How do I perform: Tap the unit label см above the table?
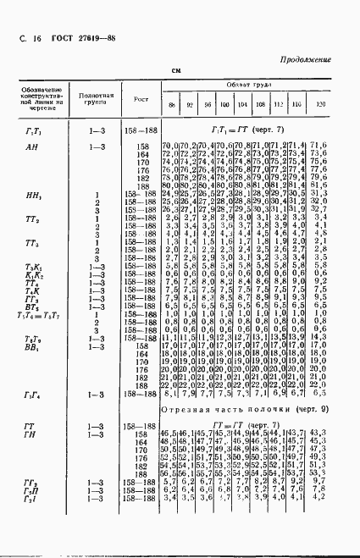(x=177, y=71)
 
